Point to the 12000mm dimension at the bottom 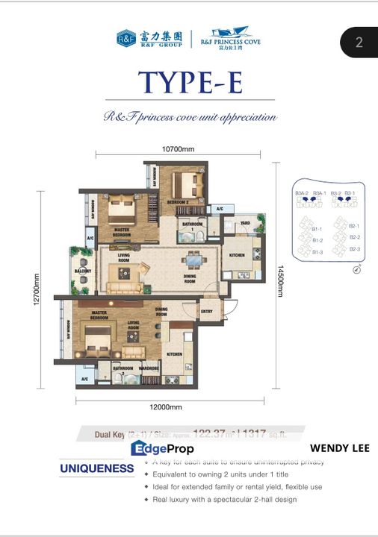[167, 407]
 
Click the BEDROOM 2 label [178, 202]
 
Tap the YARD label [244, 223]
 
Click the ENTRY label [207, 313]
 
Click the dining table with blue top [193, 261]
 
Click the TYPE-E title [189, 82]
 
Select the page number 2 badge [359, 42]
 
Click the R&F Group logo [149, 38]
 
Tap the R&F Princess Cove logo [230, 38]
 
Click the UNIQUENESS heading [97, 469]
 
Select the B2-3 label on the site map [354, 249]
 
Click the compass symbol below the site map [347, 270]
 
